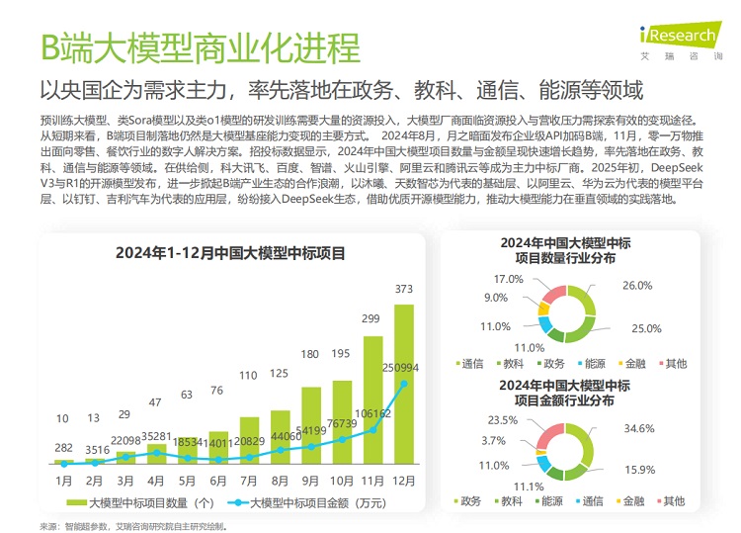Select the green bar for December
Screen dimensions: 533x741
pyautogui.click(x=403, y=396)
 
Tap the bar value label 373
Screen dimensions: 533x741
pyautogui.click(x=403, y=290)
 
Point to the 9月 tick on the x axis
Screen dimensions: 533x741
pyautogui.click(x=310, y=481)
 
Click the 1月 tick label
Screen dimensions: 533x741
pyautogui.click(x=64, y=481)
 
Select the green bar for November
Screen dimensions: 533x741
pyautogui.click(x=371, y=405)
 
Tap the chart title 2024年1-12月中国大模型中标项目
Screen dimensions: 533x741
pyautogui.click(x=230, y=253)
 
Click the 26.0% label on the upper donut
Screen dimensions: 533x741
pyautogui.click(x=637, y=286)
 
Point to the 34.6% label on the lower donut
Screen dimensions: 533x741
pyautogui.click(x=638, y=429)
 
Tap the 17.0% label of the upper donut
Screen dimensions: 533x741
pyautogui.click(x=508, y=278)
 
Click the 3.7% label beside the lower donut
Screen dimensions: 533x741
pyautogui.click(x=494, y=440)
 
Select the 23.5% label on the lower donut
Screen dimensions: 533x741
pyautogui.click(x=504, y=420)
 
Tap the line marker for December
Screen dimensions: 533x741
pyautogui.click(x=403, y=384)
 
